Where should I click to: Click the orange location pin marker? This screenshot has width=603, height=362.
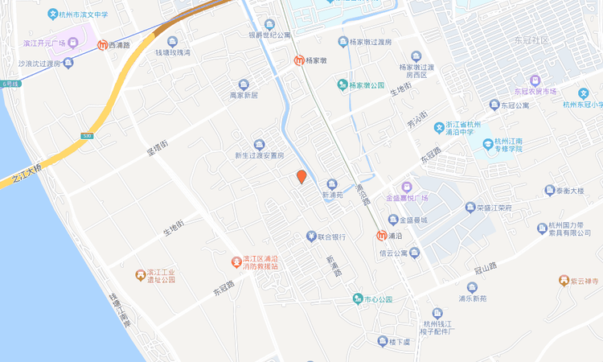coord(301,177)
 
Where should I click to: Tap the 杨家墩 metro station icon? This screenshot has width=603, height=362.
coord(298,60)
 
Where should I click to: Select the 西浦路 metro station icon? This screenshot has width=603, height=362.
coord(102,46)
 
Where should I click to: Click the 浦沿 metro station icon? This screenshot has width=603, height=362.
coord(381,237)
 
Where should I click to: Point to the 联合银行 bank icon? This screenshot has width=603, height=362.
coord(310,237)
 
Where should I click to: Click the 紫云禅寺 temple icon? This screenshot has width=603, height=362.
coord(563,281)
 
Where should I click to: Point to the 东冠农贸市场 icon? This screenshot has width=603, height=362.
coord(535,80)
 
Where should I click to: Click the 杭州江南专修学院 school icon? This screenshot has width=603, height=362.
coord(487,143)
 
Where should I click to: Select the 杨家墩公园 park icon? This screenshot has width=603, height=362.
coord(342,84)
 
